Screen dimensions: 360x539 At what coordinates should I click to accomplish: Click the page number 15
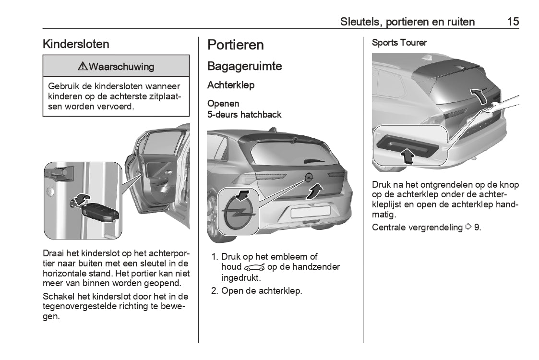pyautogui.click(x=513, y=22)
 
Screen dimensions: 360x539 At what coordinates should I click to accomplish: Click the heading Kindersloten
pyautogui.click(x=76, y=44)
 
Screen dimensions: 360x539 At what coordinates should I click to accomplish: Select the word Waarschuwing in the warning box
pyautogui.click(x=121, y=66)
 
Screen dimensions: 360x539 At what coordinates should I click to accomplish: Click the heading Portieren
pyautogui.click(x=236, y=45)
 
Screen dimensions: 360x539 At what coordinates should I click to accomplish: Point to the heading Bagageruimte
pyautogui.click(x=244, y=66)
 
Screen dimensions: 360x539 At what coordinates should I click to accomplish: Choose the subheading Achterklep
pyautogui.click(x=231, y=85)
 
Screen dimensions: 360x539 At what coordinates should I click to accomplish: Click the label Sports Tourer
pyautogui.click(x=399, y=43)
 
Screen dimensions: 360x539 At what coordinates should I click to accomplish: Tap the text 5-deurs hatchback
pyautogui.click(x=244, y=115)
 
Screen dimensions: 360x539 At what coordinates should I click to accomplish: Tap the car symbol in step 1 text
pyautogui.click(x=254, y=267)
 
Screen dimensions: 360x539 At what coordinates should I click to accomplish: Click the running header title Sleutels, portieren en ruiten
pyautogui.click(x=407, y=22)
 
